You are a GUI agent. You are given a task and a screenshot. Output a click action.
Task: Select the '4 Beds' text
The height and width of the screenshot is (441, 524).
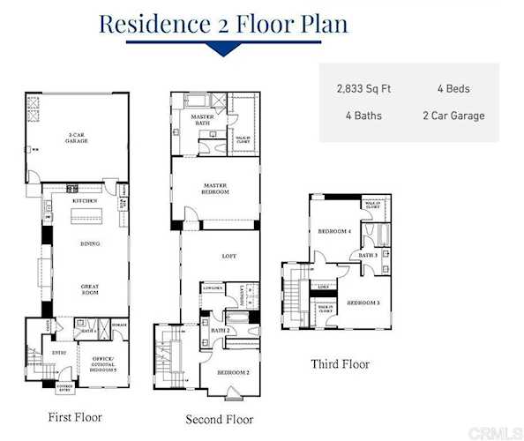click(453, 89)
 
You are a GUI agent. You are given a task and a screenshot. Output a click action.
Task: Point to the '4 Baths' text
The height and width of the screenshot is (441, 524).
click(363, 116)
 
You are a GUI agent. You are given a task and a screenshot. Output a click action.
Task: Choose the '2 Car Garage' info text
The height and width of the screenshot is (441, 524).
click(453, 116)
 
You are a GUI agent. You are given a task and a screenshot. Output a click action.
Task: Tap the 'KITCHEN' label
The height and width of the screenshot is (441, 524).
click(84, 202)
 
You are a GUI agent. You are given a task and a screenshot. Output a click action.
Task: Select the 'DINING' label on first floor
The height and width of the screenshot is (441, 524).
click(88, 244)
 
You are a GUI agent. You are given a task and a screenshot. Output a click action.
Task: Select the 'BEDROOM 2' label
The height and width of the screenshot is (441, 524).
click(234, 372)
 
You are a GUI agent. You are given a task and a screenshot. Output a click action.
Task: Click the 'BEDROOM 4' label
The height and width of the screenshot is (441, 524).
click(334, 232)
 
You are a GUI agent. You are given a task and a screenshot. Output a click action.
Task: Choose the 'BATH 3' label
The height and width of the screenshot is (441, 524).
click(368, 256)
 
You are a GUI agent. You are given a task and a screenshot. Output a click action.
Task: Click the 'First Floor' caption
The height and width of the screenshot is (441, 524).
click(76, 417)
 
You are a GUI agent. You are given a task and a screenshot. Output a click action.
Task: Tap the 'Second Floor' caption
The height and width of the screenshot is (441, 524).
click(219, 419)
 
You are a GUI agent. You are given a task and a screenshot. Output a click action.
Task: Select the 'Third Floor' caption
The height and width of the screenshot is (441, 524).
click(340, 363)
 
